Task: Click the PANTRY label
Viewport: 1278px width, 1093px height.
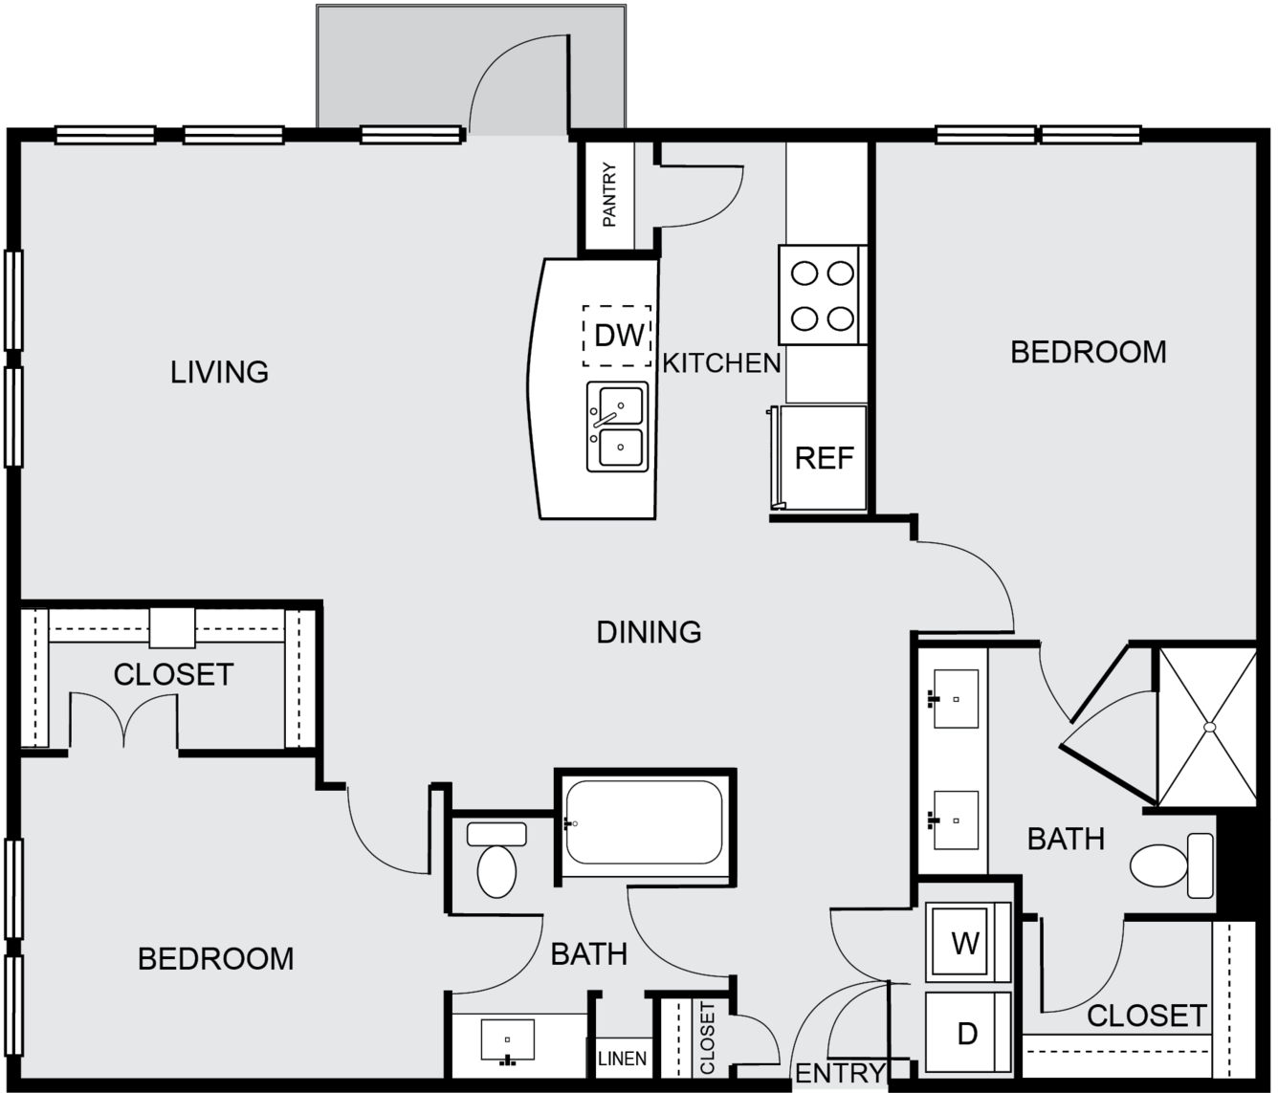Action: click(x=609, y=195)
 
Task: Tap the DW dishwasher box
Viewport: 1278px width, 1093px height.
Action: click(x=617, y=336)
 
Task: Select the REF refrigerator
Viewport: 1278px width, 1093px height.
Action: click(x=824, y=457)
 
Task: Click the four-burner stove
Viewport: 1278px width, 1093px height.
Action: click(x=823, y=295)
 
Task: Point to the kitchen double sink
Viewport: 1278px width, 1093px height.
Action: click(x=618, y=426)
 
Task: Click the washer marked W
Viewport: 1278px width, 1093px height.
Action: click(x=968, y=942)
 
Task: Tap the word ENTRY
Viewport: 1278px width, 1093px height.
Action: click(x=840, y=1073)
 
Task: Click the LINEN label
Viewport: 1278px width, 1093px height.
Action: click(x=622, y=1059)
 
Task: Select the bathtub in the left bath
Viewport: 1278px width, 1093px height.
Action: click(x=644, y=821)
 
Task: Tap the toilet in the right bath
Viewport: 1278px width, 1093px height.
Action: click(x=1172, y=865)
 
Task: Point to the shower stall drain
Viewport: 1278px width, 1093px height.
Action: click(x=1210, y=727)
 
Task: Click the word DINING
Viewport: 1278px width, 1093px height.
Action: click(x=649, y=632)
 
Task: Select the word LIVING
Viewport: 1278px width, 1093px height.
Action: click(x=219, y=372)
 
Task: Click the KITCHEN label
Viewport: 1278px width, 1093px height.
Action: click(x=721, y=362)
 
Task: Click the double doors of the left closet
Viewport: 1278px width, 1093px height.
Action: click(x=123, y=719)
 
